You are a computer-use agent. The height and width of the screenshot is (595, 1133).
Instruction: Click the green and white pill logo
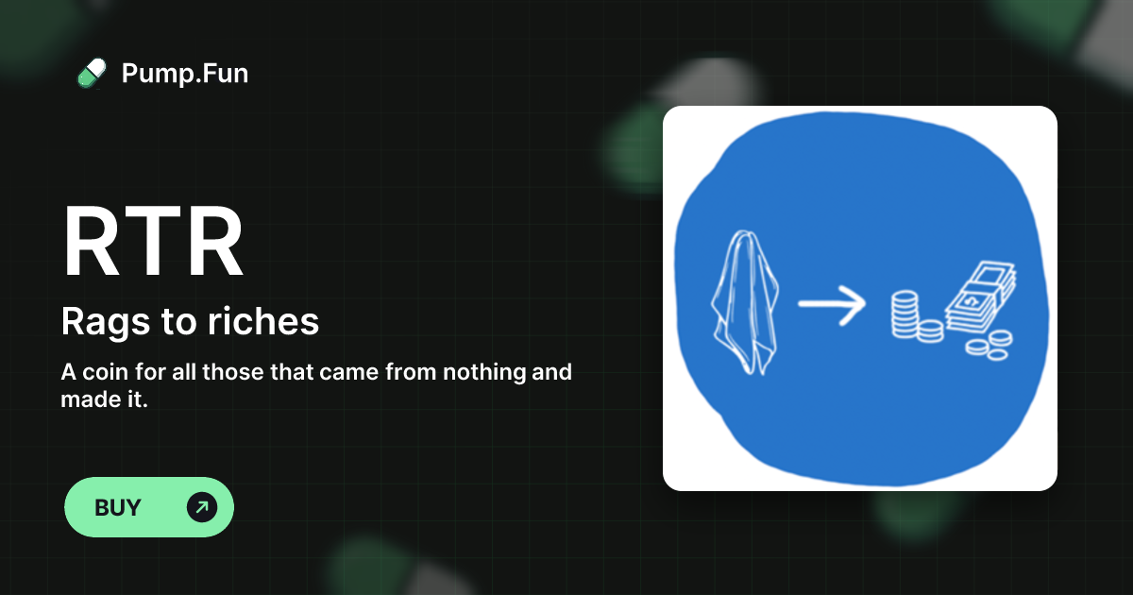tap(92, 74)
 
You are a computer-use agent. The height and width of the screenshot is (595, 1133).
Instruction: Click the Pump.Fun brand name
tap(185, 74)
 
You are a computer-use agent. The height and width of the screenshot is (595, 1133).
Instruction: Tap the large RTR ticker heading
tap(153, 241)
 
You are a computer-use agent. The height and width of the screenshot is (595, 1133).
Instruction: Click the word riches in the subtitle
tap(263, 321)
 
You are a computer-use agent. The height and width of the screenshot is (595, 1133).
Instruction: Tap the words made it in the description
tap(104, 399)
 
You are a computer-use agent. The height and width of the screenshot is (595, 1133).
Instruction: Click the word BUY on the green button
tap(117, 507)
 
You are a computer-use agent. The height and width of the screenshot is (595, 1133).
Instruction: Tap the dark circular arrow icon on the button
tap(202, 507)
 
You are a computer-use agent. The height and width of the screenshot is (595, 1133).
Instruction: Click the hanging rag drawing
tap(745, 302)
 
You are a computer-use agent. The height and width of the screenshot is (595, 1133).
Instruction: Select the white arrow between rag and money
tap(832, 304)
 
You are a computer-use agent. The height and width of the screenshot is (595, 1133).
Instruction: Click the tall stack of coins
tap(904, 314)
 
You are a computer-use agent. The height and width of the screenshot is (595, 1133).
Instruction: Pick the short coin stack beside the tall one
tap(931, 331)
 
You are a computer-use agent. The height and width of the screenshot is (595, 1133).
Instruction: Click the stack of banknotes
tap(981, 297)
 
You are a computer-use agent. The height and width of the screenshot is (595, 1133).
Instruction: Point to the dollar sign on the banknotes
tap(972, 302)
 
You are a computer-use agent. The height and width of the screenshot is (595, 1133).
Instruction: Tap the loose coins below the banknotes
tap(989, 345)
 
